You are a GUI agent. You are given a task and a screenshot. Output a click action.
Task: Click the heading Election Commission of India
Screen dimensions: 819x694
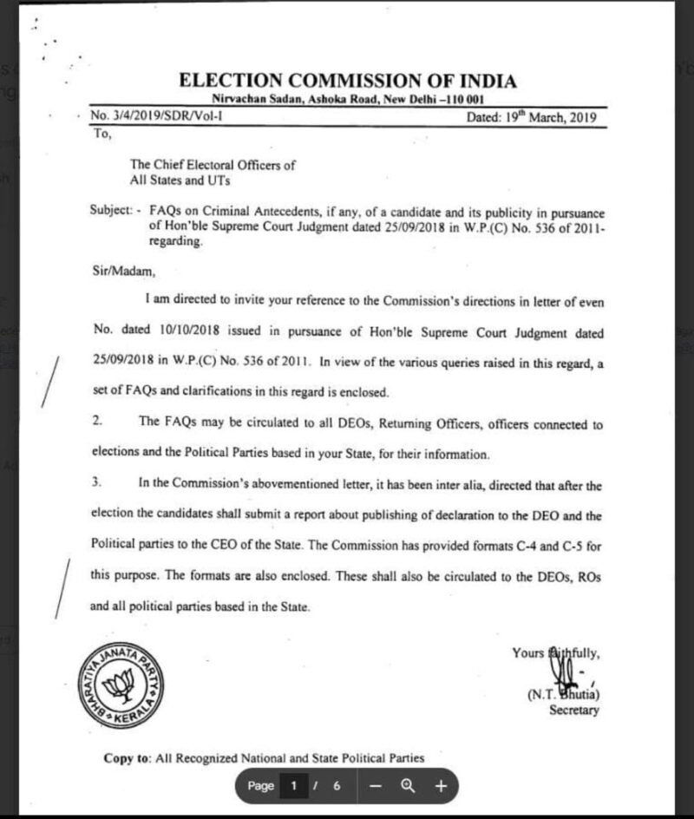click(x=347, y=82)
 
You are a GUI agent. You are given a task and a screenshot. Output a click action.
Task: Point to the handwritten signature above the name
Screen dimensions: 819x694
click(x=563, y=667)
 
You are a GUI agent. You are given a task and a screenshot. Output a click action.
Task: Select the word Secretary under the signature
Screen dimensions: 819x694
click(x=573, y=711)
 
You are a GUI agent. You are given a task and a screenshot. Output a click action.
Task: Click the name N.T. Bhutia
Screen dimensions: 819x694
click(x=563, y=694)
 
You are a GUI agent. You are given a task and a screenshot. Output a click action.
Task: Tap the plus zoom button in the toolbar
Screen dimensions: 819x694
click(x=440, y=786)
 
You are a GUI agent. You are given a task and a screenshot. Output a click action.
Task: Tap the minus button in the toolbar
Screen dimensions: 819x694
click(x=376, y=786)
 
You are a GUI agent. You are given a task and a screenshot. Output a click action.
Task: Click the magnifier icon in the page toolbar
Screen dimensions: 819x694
click(x=407, y=786)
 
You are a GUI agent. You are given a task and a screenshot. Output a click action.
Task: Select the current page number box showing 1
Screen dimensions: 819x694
click(x=294, y=786)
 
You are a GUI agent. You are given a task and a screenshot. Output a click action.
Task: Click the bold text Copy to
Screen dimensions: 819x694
click(x=128, y=758)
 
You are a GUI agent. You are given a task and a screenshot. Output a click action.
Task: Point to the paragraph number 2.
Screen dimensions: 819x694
click(x=98, y=422)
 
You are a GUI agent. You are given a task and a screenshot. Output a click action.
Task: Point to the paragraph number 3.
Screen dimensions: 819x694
click(x=98, y=482)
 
